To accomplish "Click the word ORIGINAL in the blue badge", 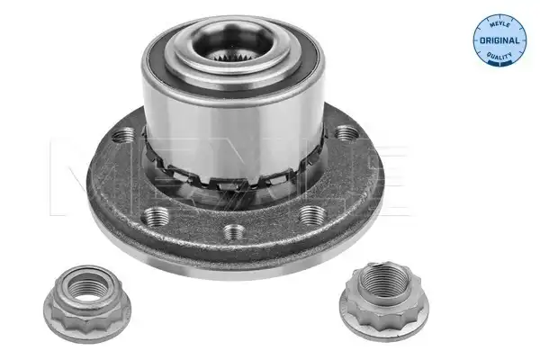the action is coord(499,40).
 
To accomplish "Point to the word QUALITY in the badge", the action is coord(499,55).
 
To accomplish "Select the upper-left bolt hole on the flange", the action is coord(123,135).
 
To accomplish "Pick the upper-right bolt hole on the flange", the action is coord(346,133).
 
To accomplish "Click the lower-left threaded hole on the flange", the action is coord(156,216).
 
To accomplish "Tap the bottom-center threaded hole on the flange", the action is coord(235,232).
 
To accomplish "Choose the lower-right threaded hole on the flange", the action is coord(312,214).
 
